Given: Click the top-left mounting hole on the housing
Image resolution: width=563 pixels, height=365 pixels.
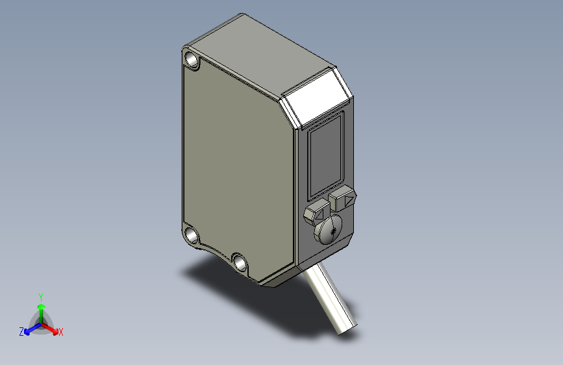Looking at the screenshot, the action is click(x=192, y=60).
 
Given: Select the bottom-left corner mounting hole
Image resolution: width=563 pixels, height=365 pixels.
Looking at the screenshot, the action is click(x=191, y=235).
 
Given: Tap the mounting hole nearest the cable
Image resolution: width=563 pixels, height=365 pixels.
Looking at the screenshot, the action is click(x=240, y=262).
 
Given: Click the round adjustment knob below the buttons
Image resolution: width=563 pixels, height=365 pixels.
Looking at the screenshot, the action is click(x=329, y=229).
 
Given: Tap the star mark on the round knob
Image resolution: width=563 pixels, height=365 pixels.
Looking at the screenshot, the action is click(x=334, y=231).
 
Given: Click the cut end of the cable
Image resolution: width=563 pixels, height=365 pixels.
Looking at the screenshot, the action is click(x=347, y=329).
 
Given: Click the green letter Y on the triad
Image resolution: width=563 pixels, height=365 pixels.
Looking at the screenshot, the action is click(x=41, y=297).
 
